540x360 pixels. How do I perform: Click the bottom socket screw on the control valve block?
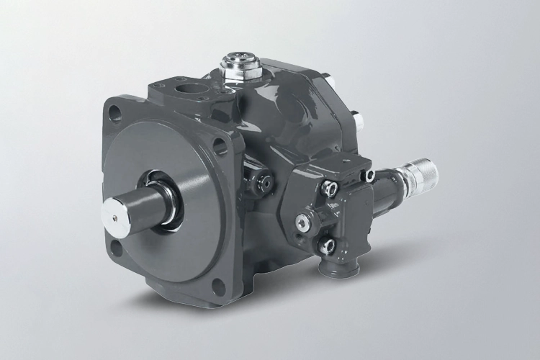[x=328, y=246]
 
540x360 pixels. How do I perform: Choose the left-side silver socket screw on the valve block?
[x=302, y=221]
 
